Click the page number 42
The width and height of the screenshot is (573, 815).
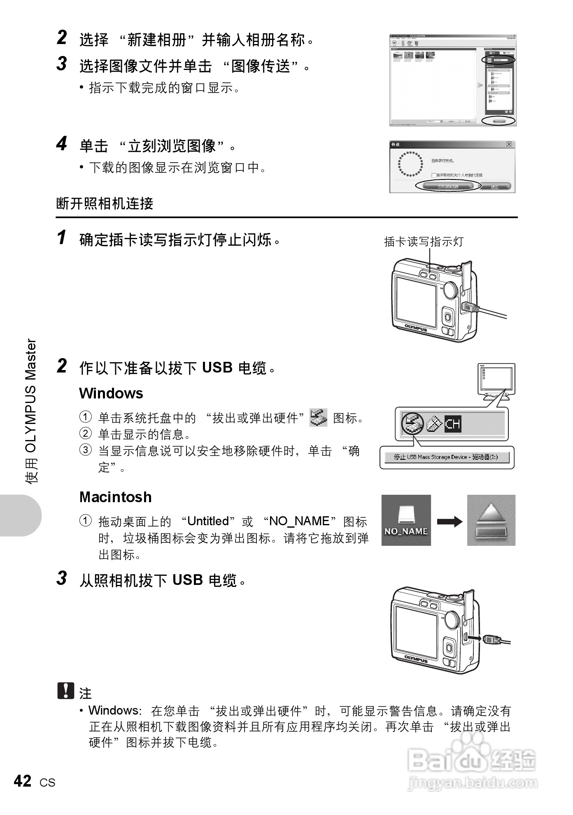pyautogui.click(x=23, y=781)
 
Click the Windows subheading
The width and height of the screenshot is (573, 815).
pyautogui.click(x=111, y=393)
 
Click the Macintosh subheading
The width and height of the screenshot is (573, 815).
pyautogui.click(x=115, y=497)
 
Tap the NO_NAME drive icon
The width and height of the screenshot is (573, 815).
pyautogui.click(x=406, y=520)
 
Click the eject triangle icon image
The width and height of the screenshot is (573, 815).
pyautogui.click(x=491, y=520)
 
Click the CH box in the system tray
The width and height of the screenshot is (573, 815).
pyautogui.click(x=453, y=424)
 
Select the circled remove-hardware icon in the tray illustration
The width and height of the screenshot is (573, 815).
pyautogui.click(x=412, y=424)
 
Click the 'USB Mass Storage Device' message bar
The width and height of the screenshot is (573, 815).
pyautogui.click(x=446, y=457)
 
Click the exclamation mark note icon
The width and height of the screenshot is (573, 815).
pyautogui.click(x=65, y=691)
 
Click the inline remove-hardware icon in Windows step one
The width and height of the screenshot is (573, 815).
pyautogui.click(x=318, y=417)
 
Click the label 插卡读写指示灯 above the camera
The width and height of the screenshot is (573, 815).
pyautogui.click(x=424, y=242)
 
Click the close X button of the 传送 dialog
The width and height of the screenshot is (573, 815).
pyautogui.click(x=509, y=144)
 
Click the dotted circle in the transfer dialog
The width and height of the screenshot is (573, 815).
pyautogui.click(x=410, y=164)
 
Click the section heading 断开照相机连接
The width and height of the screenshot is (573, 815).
pyautogui.click(x=105, y=203)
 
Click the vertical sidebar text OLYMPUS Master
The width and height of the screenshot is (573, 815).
pyautogui.click(x=31, y=412)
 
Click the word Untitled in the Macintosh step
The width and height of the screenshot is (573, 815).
pyautogui.click(x=208, y=521)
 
